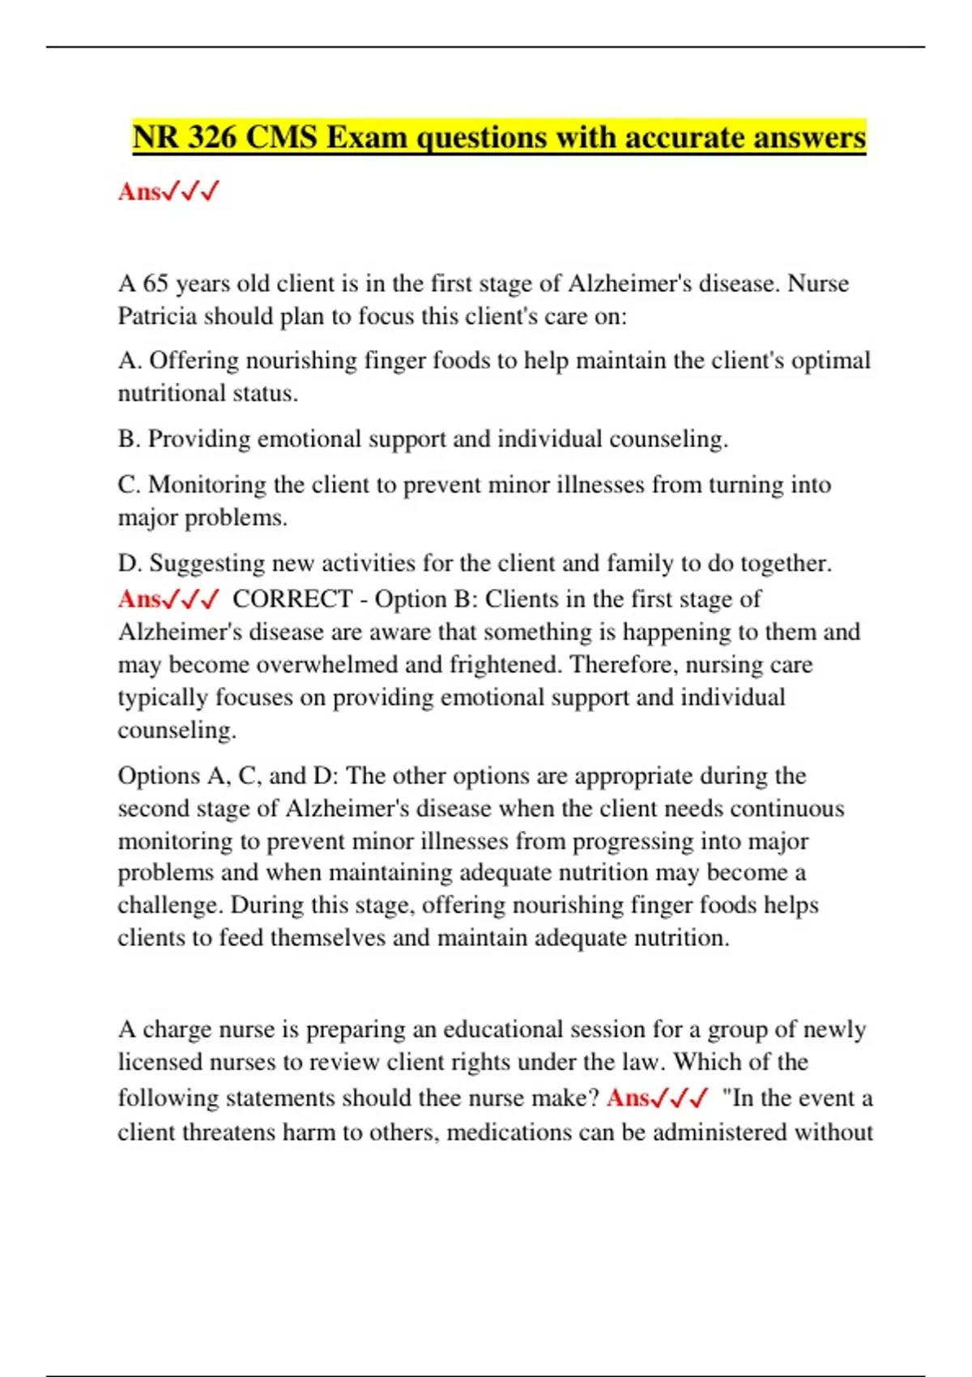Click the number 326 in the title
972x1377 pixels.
[x=212, y=137]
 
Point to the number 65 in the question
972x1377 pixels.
[x=156, y=283]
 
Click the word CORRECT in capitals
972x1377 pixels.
[x=292, y=599]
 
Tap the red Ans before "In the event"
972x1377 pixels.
[x=628, y=1098]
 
